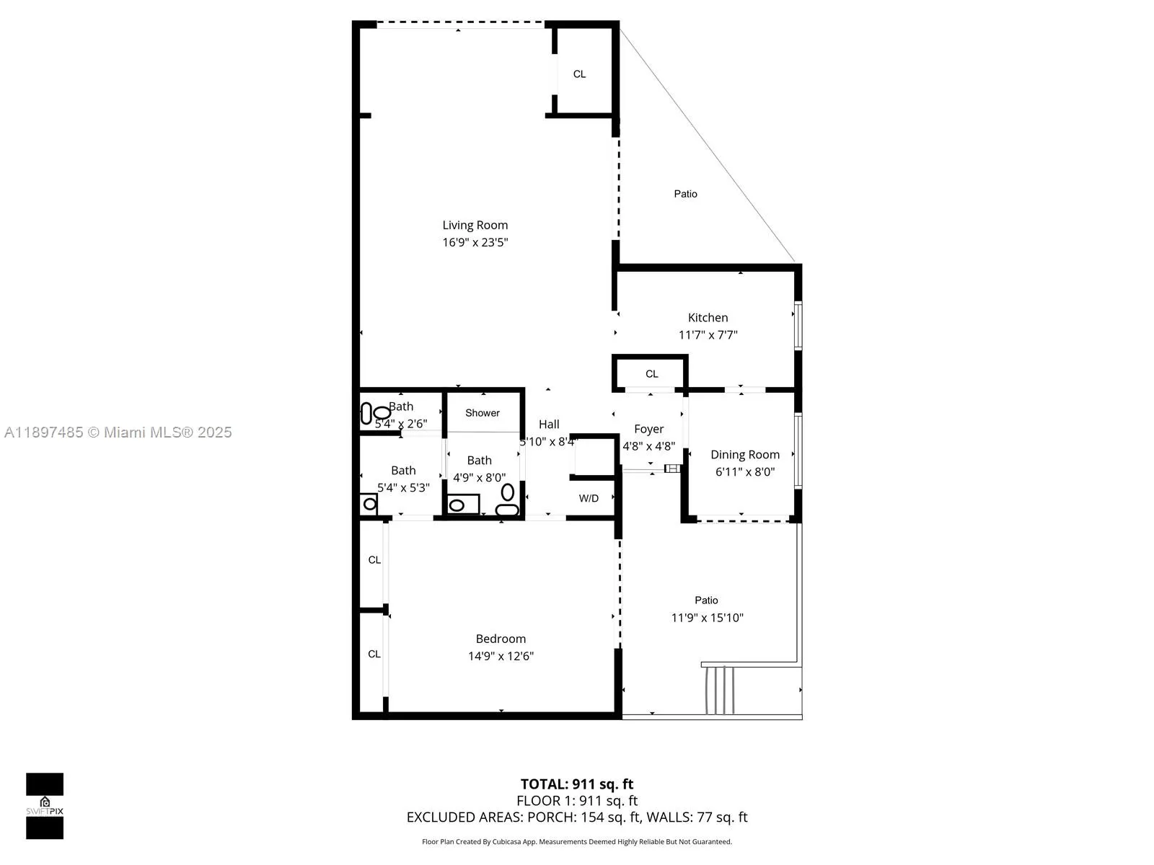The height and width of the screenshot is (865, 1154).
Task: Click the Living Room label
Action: (x=475, y=225)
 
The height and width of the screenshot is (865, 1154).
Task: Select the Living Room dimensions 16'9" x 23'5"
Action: (x=475, y=243)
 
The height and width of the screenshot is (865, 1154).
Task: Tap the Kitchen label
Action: (x=708, y=317)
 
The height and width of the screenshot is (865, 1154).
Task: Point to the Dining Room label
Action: (x=744, y=454)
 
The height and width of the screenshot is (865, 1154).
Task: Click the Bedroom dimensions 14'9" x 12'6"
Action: (x=501, y=656)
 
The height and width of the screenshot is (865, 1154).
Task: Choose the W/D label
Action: (x=589, y=498)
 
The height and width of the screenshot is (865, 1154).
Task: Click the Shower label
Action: (x=482, y=413)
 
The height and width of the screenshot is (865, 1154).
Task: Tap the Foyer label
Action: (x=648, y=429)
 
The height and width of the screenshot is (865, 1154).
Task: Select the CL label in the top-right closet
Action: (x=579, y=74)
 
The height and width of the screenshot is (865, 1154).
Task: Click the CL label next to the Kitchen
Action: (x=651, y=374)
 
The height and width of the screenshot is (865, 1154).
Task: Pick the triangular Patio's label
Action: (x=685, y=194)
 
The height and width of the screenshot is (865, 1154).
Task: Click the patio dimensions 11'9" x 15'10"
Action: (x=707, y=618)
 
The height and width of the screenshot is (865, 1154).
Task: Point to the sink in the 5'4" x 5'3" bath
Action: (x=369, y=504)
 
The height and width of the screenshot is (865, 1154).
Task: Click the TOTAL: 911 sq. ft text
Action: (x=576, y=784)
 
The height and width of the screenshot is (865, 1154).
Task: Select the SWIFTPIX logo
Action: (x=45, y=806)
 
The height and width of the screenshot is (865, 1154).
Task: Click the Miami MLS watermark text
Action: (x=118, y=432)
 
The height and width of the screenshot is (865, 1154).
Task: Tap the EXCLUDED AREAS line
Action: (x=576, y=817)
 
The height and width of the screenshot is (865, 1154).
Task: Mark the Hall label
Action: (x=548, y=425)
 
